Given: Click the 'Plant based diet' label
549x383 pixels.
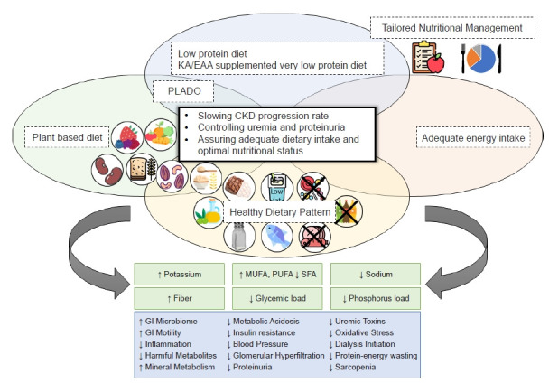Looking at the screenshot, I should click(73, 138).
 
